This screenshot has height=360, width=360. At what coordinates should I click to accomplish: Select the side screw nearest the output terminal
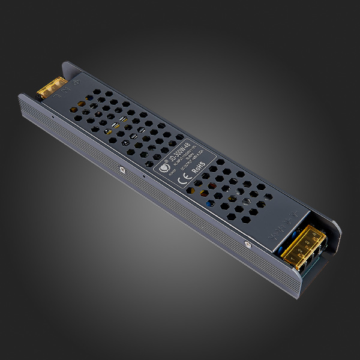click(x=245, y=244)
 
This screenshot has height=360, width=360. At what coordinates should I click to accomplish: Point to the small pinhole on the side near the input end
click(x=53, y=116)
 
